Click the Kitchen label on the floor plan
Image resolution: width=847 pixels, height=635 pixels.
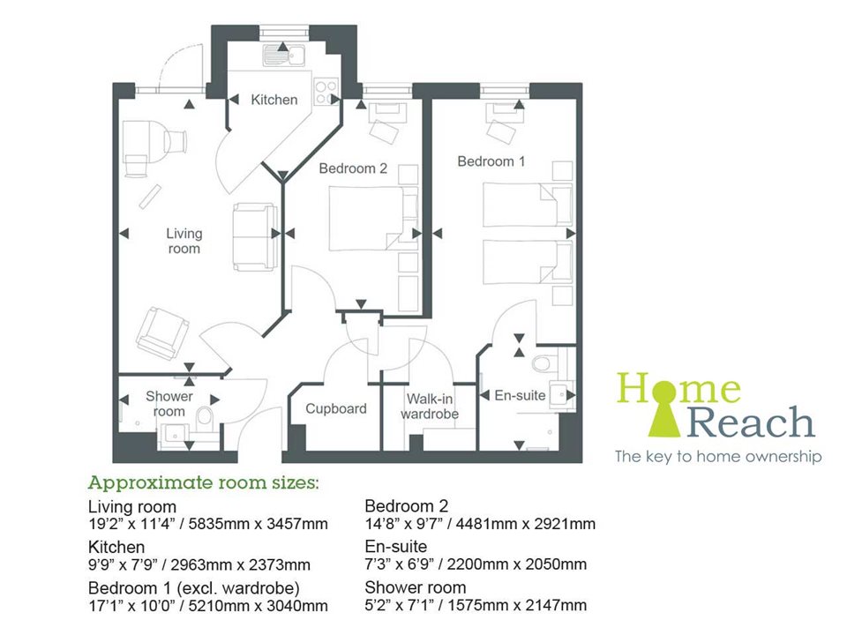[274, 100]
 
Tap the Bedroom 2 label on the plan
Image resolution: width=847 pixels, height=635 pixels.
[353, 168]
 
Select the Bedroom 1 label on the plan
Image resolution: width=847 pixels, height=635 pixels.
[491, 161]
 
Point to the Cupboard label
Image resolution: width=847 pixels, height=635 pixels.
[335, 408]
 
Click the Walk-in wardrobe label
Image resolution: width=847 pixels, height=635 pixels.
[430, 407]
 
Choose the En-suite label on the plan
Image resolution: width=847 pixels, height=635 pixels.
[520, 396]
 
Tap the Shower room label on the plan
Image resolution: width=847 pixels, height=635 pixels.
[169, 403]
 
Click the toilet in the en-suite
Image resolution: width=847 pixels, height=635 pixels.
[542, 363]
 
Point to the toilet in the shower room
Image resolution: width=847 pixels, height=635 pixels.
[205, 415]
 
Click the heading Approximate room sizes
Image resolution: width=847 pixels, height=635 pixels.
[202, 483]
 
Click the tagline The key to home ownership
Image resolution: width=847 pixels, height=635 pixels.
[718, 457]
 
